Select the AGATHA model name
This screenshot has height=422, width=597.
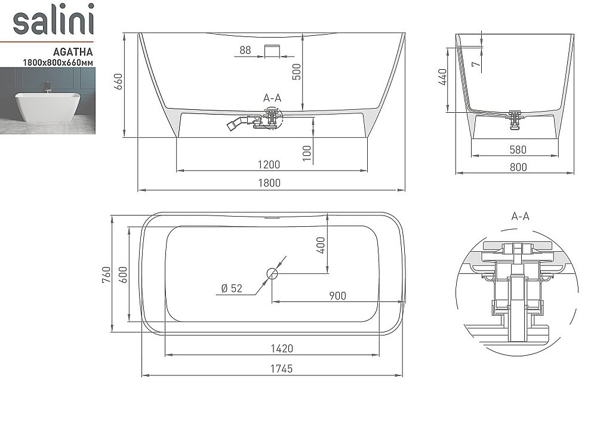point(73,51)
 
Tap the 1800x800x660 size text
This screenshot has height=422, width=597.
point(59,63)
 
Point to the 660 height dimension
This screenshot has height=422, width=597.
point(118,81)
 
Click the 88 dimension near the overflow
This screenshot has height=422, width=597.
point(245,50)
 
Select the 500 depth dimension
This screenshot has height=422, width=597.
point(297,72)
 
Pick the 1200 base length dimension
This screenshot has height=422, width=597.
point(269,164)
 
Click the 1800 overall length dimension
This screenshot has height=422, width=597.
point(269,183)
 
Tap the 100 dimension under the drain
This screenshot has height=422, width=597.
point(307,153)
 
